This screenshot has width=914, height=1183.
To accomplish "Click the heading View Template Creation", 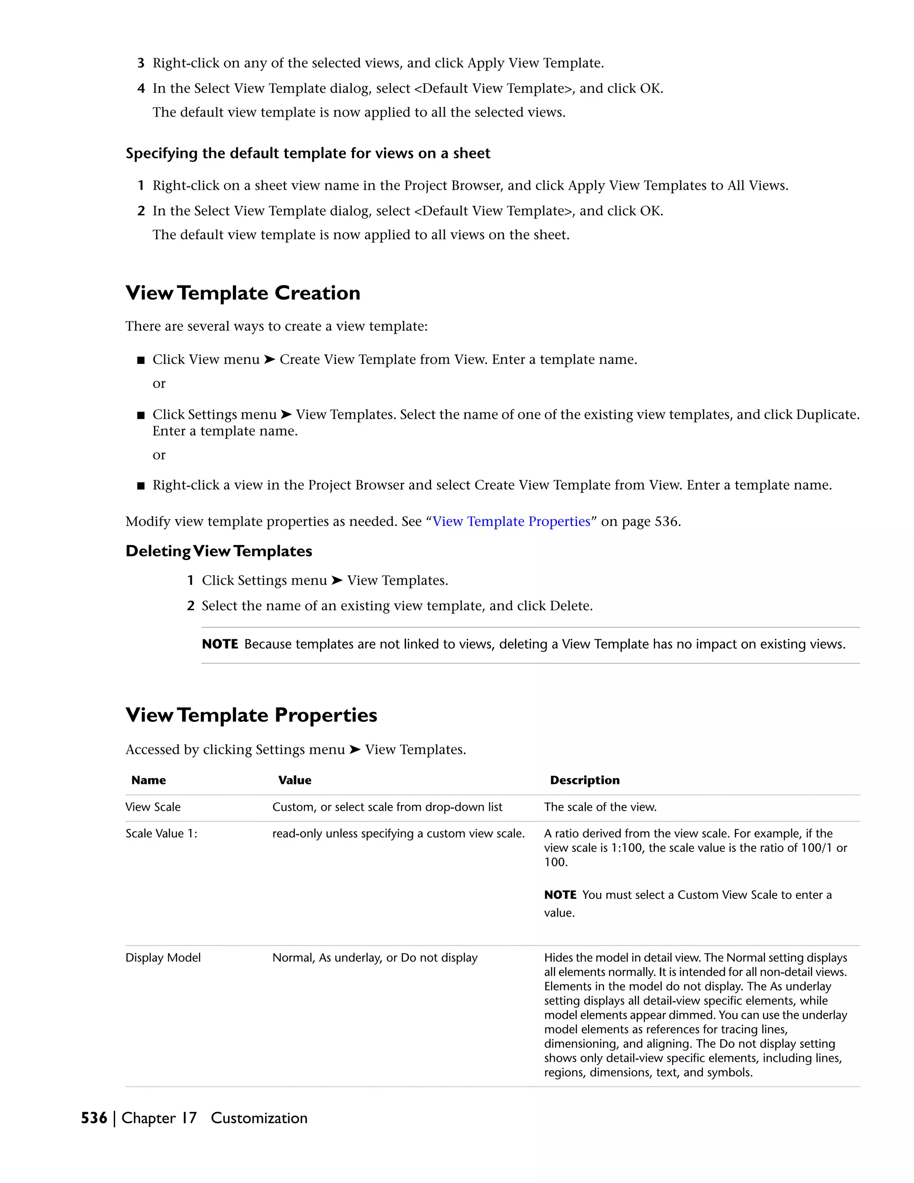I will click(243, 293).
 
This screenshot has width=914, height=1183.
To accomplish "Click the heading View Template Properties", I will click(251, 715).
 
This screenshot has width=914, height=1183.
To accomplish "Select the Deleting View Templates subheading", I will click(219, 551).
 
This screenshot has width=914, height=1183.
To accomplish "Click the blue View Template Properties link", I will click(511, 521).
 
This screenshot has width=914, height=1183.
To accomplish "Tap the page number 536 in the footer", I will click(94, 1118).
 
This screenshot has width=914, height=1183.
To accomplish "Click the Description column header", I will click(585, 780).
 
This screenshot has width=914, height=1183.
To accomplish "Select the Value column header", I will click(295, 780).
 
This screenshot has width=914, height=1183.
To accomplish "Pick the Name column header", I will click(148, 780).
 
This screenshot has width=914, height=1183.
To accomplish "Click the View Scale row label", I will click(153, 807).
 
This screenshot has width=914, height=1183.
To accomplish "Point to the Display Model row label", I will click(163, 958).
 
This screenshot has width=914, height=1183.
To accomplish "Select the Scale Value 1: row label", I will click(162, 833).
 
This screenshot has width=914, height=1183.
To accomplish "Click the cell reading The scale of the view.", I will click(600, 807).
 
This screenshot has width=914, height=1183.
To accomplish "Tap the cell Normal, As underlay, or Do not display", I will click(375, 958).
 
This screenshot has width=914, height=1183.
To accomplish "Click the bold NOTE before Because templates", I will click(220, 644).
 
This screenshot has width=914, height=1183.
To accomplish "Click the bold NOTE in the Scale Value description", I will click(560, 895).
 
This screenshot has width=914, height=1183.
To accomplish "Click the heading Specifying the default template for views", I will click(307, 153).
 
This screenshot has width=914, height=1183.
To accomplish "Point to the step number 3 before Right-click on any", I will click(141, 63).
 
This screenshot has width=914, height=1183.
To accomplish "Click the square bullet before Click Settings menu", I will click(141, 416).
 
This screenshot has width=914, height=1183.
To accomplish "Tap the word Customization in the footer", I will click(259, 1118).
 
